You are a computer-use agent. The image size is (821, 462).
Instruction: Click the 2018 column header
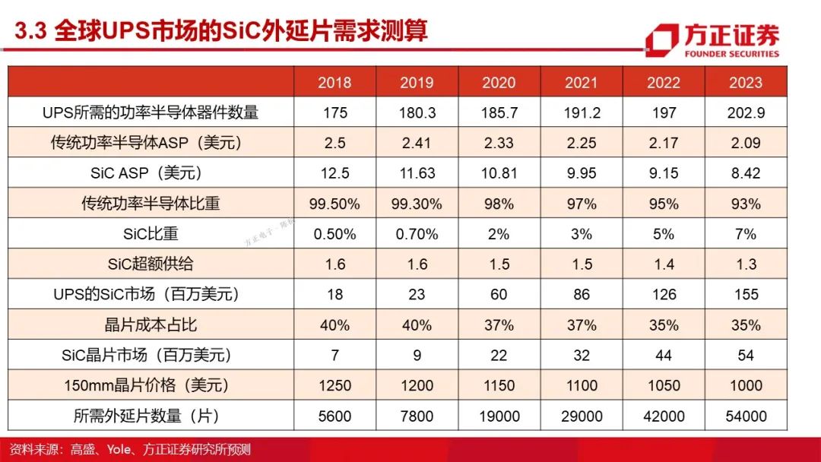[334, 82]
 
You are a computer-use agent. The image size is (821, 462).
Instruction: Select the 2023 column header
[746, 82]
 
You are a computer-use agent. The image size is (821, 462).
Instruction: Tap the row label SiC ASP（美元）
[146, 172]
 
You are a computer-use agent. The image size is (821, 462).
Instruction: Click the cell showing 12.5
[334, 173]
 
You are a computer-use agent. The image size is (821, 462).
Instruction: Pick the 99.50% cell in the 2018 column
[334, 204]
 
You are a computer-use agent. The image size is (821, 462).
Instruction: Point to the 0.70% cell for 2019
[417, 234]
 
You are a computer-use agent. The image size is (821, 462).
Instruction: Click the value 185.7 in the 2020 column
[499, 112]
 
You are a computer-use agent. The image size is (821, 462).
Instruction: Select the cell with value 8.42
[746, 173]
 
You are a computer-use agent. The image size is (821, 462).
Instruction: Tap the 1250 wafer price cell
[334, 385]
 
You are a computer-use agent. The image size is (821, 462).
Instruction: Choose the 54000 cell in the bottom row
[746, 416]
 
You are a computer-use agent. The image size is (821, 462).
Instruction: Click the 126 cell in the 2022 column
[664, 295]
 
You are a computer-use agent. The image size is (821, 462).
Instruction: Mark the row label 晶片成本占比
[151, 324]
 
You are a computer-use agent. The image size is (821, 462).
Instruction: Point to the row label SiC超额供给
[151, 264]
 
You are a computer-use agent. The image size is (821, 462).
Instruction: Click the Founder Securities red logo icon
[661, 40]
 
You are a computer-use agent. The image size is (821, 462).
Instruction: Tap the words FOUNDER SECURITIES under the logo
[731, 53]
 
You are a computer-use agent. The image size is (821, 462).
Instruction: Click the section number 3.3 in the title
[31, 31]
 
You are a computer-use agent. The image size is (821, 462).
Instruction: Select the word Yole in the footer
[119, 449]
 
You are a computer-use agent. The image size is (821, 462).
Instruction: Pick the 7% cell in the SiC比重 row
[746, 234]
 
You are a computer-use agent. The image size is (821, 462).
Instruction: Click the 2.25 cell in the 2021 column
[582, 143]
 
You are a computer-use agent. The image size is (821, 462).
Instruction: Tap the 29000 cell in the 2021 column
[582, 416]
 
